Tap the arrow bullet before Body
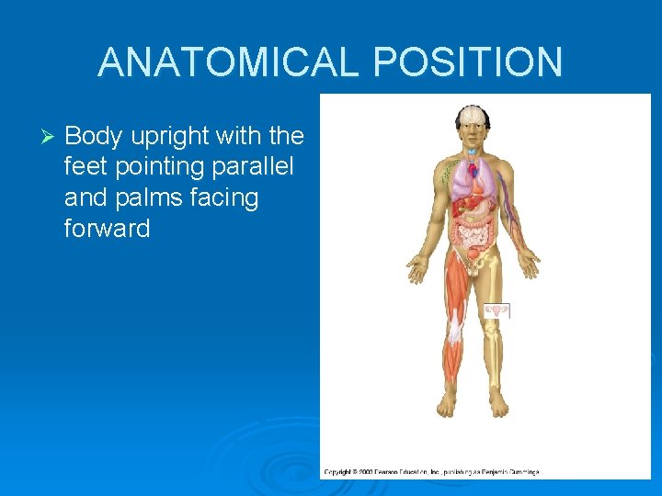[x=51, y=137]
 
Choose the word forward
[x=107, y=229]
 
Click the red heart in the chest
[x=474, y=171]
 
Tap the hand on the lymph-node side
[x=418, y=269]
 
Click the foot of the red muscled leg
[x=448, y=403]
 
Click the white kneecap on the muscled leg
[x=455, y=323]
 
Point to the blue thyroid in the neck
[x=473, y=151]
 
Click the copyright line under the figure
[x=432, y=472]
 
